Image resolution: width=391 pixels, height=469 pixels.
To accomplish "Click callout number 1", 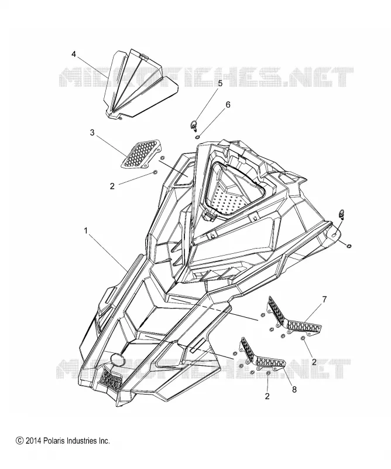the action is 86,231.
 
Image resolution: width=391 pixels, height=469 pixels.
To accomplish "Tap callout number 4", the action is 74,54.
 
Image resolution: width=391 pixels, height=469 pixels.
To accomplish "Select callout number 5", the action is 220,83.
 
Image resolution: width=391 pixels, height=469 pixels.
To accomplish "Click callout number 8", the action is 294,390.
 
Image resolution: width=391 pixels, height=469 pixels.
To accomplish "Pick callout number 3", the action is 92,132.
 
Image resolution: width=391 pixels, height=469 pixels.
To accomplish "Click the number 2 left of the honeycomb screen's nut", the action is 112,186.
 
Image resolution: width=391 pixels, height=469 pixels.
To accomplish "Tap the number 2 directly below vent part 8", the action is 267,396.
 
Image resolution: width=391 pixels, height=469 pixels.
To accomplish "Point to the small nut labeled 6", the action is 198,137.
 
